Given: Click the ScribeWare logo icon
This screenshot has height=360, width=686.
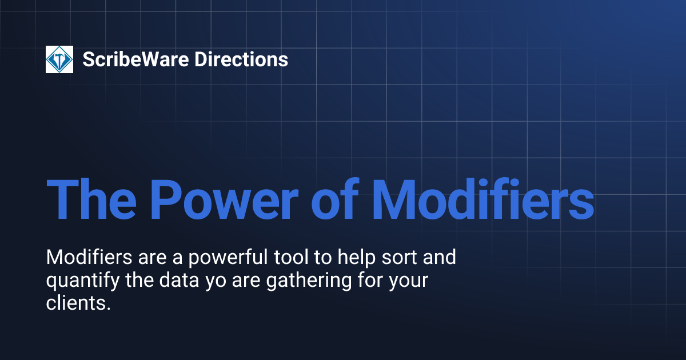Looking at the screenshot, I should click(59, 59).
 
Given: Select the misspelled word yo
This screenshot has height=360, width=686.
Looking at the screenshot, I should click(216, 282).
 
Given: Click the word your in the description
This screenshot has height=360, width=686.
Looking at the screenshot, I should click(405, 282).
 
